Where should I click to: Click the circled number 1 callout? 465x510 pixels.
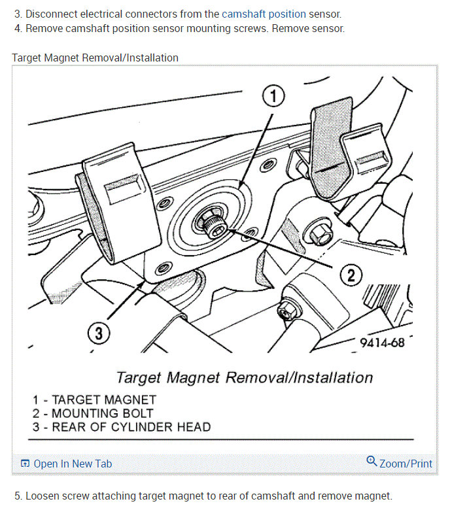click(x=273, y=96)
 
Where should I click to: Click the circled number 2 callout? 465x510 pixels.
click(x=351, y=275)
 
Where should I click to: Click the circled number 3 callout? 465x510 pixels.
click(x=99, y=333)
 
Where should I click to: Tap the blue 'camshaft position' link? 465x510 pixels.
click(x=264, y=14)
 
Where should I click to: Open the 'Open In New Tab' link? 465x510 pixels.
click(x=73, y=464)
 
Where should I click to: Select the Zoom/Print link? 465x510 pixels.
click(x=405, y=464)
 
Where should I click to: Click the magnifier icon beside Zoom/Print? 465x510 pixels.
click(x=371, y=461)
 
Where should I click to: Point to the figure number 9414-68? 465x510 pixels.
click(x=382, y=343)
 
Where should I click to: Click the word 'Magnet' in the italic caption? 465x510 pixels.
click(x=194, y=378)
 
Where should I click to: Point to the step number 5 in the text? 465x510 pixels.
click(x=18, y=496)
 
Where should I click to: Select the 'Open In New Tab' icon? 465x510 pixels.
click(x=25, y=463)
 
